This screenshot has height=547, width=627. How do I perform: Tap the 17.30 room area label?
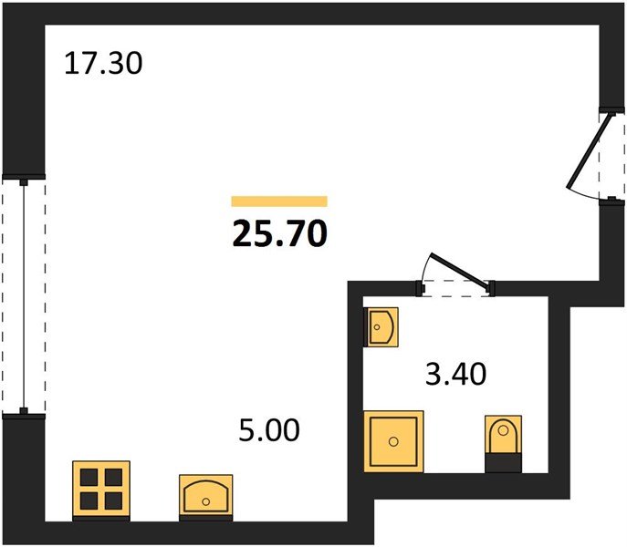[x=104, y=65]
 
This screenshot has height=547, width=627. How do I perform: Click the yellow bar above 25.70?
[x=279, y=201]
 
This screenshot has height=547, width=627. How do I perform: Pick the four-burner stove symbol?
[x=101, y=488]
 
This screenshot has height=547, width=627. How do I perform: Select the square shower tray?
[x=394, y=440]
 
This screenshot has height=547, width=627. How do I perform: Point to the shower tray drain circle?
[x=393, y=441]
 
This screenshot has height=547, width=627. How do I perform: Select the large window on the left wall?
[x=23, y=295]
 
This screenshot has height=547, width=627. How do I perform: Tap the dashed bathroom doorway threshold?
[x=455, y=289]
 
